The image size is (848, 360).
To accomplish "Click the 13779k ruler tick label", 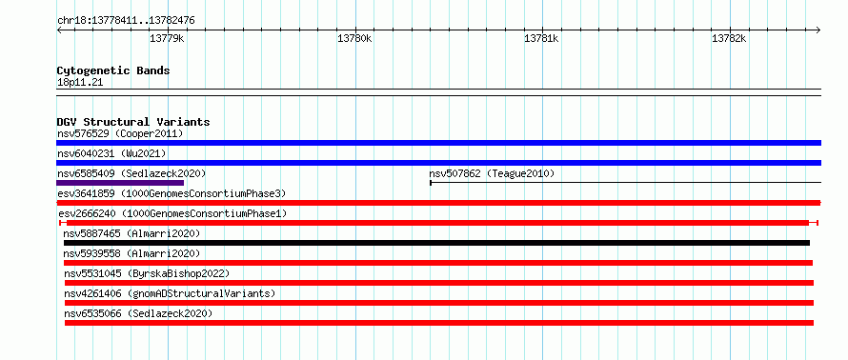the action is click(167, 38).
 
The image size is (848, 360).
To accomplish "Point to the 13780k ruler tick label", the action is click(354, 38).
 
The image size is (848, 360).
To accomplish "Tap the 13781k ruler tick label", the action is click(542, 38).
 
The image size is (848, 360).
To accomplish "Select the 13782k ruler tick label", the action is click(729, 38).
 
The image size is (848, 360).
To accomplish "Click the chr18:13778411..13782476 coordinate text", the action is click(126, 21).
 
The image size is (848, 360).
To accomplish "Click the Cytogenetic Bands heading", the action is click(113, 70).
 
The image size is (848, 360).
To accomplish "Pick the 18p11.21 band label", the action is click(80, 83).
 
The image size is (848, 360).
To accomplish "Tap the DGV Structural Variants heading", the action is click(133, 122).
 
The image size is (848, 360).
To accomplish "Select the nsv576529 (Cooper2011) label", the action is click(120, 133).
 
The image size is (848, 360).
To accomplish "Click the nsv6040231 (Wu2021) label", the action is click(111, 153).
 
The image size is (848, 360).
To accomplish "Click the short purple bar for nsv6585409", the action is click(120, 183).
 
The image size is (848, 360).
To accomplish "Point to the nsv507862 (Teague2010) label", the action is click(493, 173).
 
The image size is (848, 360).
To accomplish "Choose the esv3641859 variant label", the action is click(172, 193).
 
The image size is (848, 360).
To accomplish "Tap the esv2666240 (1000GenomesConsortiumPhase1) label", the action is click(172, 213).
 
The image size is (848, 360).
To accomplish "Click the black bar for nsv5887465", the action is click(436, 243).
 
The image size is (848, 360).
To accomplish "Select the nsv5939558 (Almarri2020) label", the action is click(131, 253).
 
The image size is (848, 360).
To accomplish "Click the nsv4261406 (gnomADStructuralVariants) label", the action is click(170, 293).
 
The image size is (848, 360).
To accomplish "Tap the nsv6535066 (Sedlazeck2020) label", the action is click(138, 313).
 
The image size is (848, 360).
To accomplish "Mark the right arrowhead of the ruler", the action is click(819, 30).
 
